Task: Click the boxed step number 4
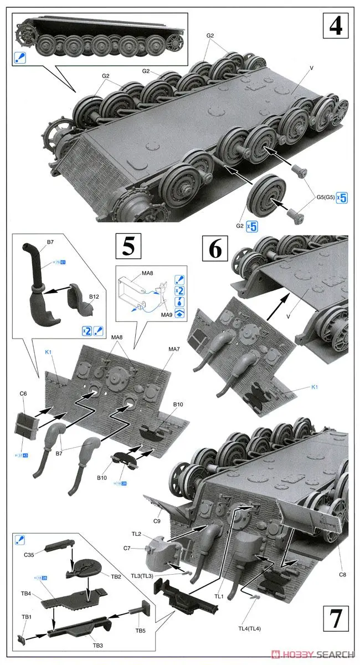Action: pyautogui.click(x=336, y=26)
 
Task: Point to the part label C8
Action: pyautogui.click(x=342, y=575)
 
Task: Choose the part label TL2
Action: pyautogui.click(x=136, y=533)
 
